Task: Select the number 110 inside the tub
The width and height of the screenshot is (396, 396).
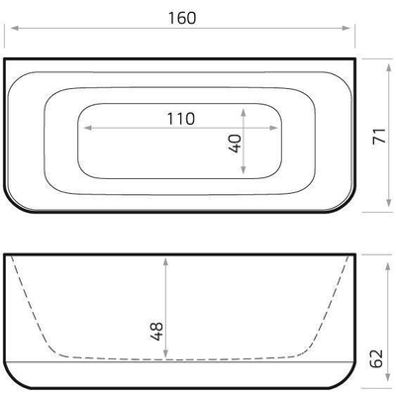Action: click(180, 117)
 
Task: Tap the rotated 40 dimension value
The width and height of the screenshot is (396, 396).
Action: click(234, 143)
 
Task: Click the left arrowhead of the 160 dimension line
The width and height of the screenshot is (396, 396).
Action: click(9, 29)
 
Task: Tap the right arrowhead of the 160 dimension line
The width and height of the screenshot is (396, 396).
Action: click(350, 29)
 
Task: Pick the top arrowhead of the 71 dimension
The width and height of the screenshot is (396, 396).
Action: click(386, 61)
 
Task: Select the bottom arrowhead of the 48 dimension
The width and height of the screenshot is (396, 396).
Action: click(164, 355)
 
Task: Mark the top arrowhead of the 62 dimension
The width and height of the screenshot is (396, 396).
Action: click(386, 258)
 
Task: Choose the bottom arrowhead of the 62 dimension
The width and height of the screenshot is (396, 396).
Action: click(386, 388)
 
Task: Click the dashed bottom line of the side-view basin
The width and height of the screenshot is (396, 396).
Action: click(178, 357)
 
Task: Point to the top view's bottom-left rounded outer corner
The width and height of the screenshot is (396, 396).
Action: click(14, 203)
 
